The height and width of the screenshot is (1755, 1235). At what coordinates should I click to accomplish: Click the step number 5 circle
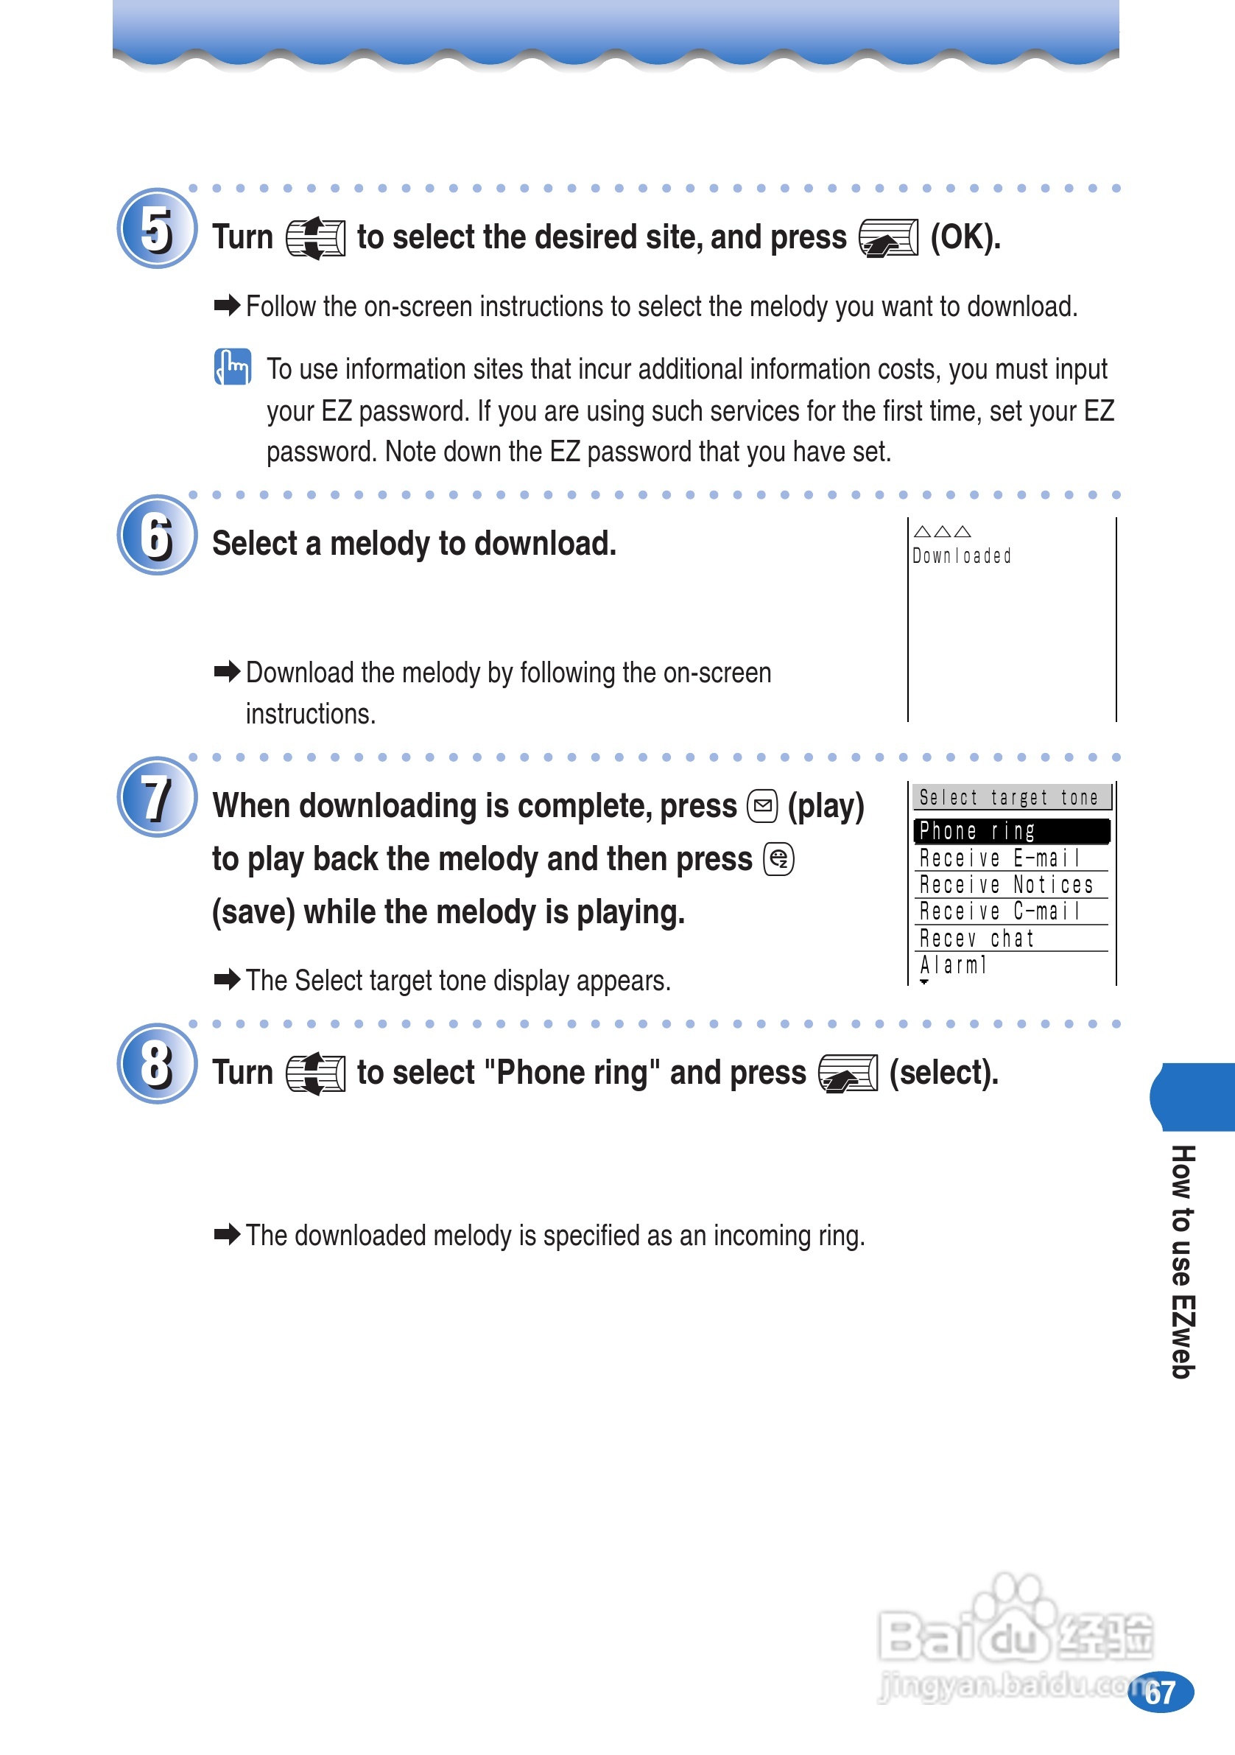point(157,228)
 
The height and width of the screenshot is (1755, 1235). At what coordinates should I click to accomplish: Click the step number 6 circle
point(157,535)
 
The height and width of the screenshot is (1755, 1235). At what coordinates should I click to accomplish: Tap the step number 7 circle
point(157,797)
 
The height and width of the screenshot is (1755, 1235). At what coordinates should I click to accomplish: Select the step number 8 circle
point(157,1063)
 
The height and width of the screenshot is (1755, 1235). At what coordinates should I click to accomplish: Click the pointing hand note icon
point(232,367)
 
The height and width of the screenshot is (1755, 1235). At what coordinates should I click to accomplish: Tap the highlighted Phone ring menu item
point(1010,831)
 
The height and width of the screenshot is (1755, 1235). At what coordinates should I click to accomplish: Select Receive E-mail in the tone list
point(999,858)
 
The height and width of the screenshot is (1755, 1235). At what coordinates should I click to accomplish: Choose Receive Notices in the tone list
point(1006,885)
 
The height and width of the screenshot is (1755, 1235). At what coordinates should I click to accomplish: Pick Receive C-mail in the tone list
point(999,912)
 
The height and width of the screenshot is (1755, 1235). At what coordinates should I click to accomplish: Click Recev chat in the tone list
point(977,939)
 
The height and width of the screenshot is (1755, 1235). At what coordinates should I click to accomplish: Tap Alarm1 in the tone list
point(954,965)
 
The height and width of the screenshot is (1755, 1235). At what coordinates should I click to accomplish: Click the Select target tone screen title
point(1009,798)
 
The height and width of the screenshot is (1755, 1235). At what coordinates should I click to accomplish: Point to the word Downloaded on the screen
point(961,556)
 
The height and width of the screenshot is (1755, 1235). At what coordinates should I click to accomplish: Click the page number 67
point(1161,1693)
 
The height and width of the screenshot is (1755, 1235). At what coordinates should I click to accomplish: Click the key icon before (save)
point(778,860)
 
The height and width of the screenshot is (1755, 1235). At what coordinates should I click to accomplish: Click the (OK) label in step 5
point(965,237)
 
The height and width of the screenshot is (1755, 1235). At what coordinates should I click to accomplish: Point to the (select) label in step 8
point(944,1073)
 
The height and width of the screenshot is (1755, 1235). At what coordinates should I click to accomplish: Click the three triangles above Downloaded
point(943,531)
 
